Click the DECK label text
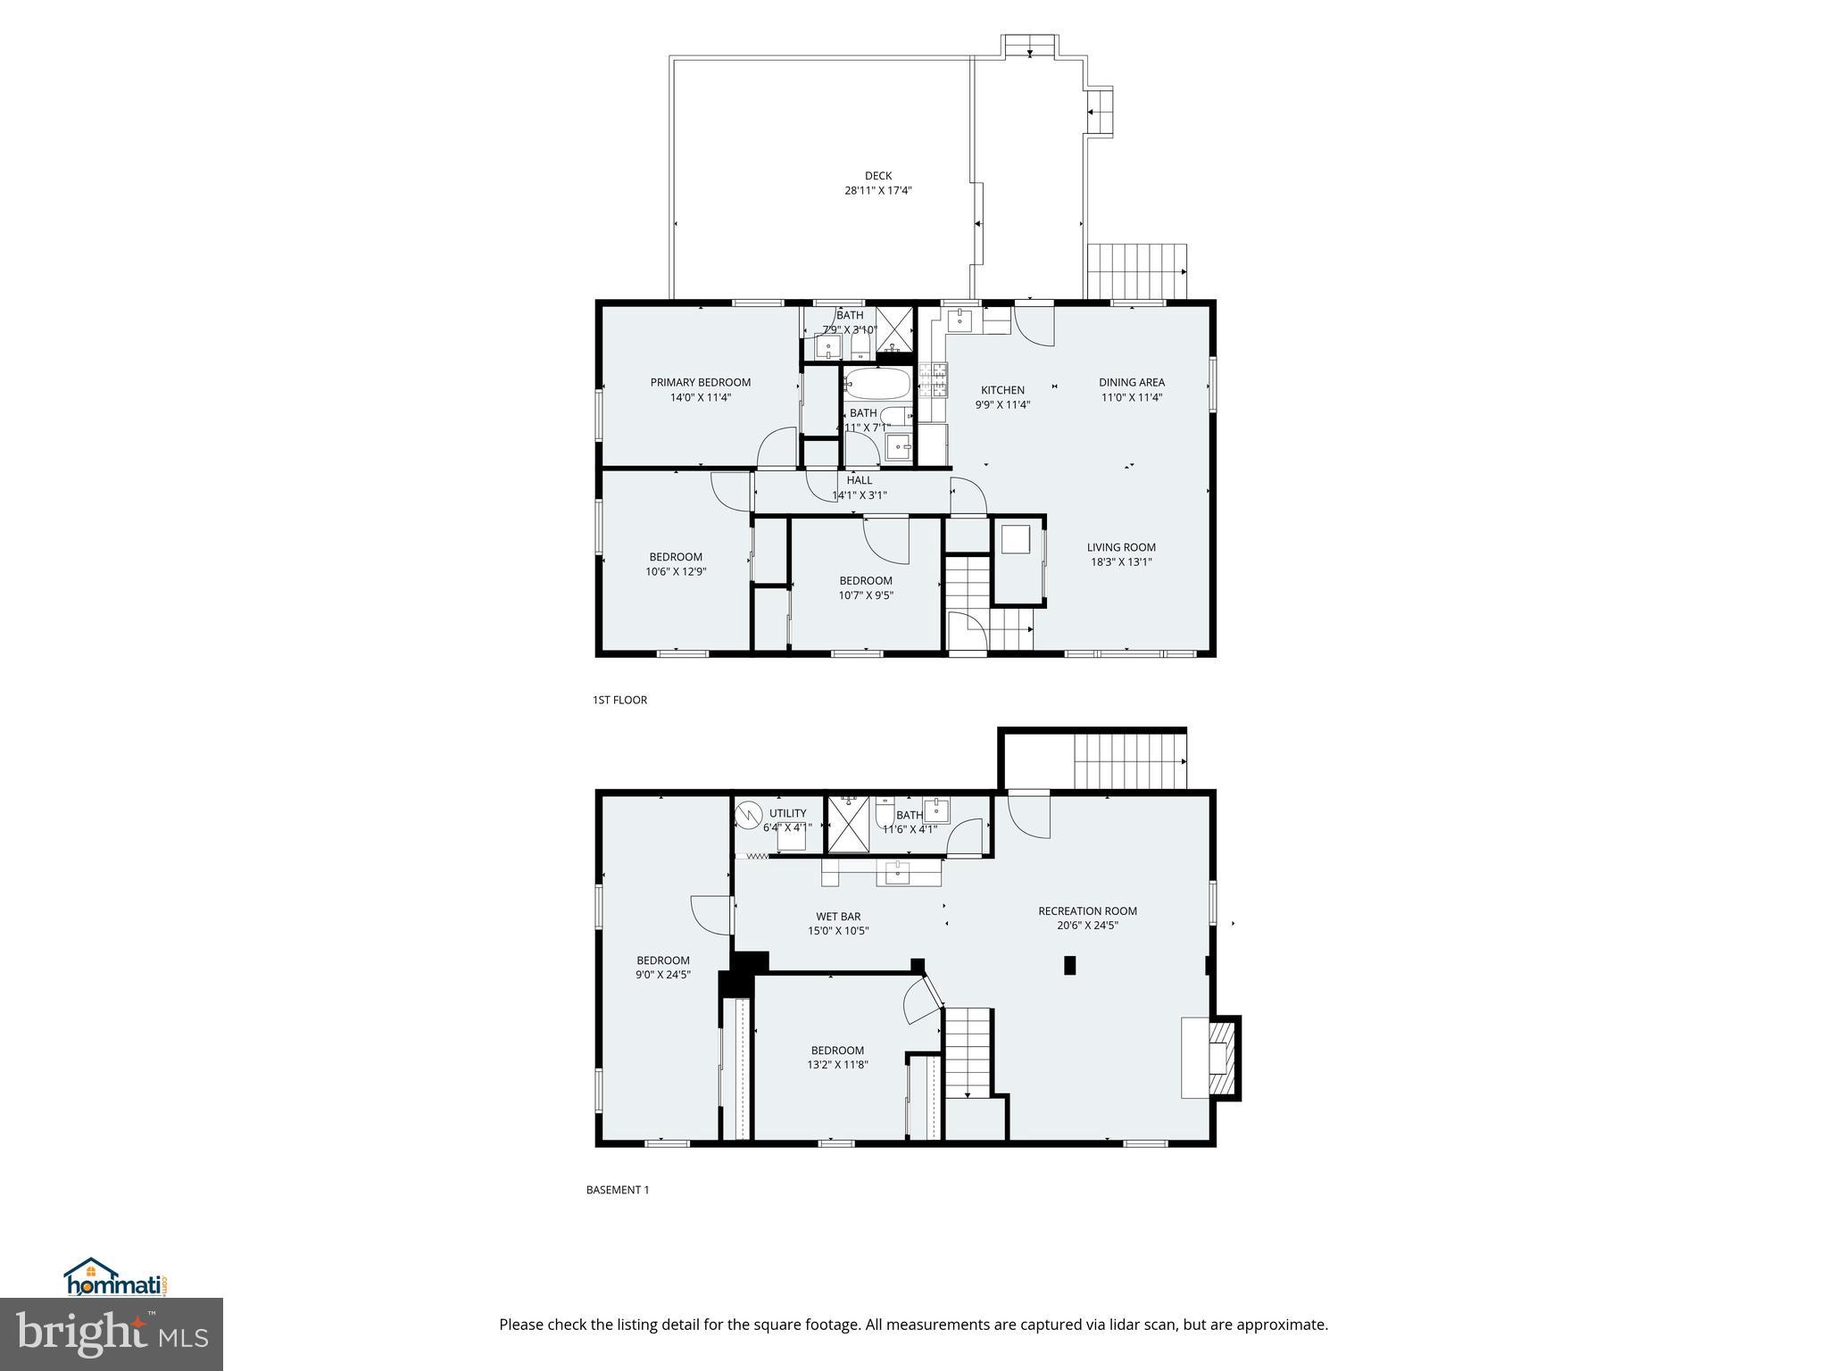click(x=877, y=176)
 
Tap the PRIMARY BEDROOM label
click(x=700, y=382)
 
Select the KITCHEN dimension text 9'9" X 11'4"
click(x=1002, y=404)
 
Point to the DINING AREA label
click(x=1131, y=382)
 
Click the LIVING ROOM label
click(x=1120, y=547)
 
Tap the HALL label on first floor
click(x=859, y=480)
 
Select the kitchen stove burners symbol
click(x=939, y=380)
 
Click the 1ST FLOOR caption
click(x=619, y=700)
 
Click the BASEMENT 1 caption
click(x=617, y=1190)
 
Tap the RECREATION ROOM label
click(x=1087, y=911)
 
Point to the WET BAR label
click(x=838, y=917)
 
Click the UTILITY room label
click(x=787, y=813)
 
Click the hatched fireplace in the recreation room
click(x=1219, y=1058)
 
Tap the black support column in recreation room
click(x=1069, y=965)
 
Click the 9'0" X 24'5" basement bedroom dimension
click(x=662, y=975)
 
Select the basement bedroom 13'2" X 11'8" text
click(x=837, y=1065)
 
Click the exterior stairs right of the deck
click(x=1136, y=271)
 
